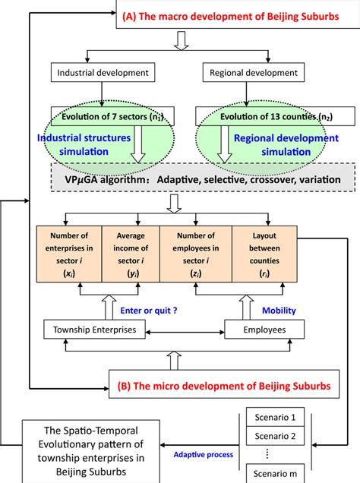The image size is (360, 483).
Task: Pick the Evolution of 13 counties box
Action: click(x=257, y=116)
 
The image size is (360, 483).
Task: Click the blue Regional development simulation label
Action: click(x=285, y=144)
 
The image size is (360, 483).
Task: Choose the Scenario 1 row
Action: click(x=275, y=417)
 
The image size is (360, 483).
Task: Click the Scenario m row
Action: click(x=275, y=475)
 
